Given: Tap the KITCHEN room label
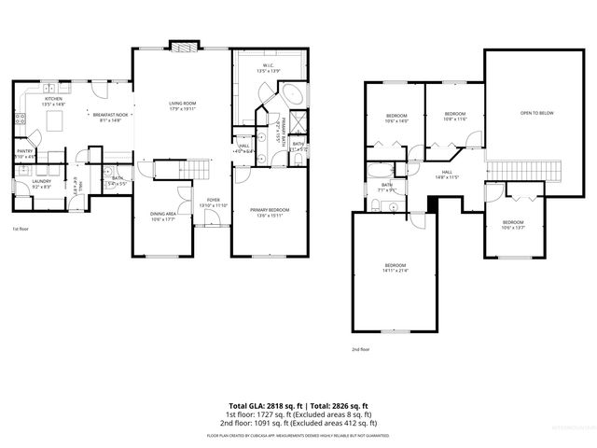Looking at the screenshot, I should [x=54, y=99].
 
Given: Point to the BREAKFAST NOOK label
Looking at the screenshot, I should [x=109, y=114].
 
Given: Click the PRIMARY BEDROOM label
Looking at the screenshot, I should [x=270, y=210].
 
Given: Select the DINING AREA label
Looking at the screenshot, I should [x=163, y=215].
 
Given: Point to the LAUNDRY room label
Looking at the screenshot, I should [x=40, y=182].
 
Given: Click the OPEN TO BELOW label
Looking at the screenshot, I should [x=536, y=113].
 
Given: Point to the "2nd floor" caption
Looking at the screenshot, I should [x=360, y=349].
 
